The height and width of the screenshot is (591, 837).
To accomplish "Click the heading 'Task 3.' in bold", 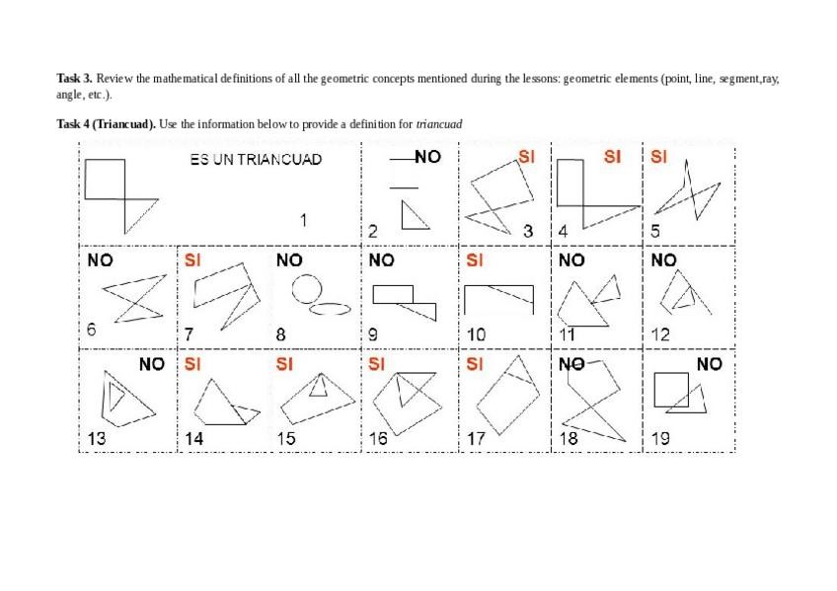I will tap(74, 78).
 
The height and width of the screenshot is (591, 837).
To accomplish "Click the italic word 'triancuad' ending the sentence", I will tap(439, 124).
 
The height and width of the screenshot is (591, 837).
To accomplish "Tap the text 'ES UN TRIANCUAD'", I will tap(256, 160).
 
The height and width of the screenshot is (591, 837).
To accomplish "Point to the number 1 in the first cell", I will tap(304, 220).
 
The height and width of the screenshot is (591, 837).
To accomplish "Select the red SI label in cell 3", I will tap(526, 157).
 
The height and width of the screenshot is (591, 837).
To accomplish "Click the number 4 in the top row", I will tap(563, 231).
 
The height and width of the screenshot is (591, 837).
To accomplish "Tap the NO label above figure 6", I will tap(100, 260).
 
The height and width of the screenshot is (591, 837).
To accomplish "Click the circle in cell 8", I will tap(307, 287).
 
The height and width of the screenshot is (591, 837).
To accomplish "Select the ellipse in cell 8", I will tap(331, 309).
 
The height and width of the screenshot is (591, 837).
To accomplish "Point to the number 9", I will tap(372, 334).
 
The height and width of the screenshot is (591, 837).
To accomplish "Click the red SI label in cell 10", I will tap(475, 260).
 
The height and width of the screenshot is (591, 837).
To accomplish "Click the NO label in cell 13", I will tap(152, 364).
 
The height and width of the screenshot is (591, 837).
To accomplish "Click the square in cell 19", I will tap(672, 390).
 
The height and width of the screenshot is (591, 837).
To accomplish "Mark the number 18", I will tap(569, 439).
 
